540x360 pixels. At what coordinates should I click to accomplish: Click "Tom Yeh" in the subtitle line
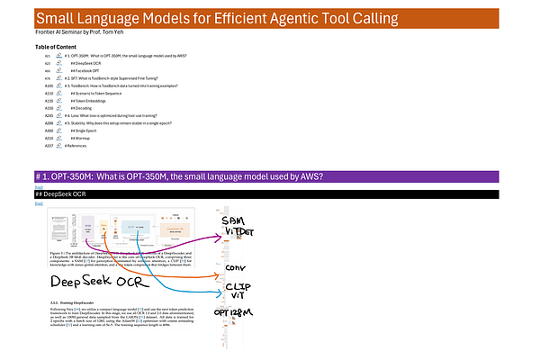[x=131, y=32]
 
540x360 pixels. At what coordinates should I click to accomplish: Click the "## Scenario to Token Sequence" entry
[x=97, y=93]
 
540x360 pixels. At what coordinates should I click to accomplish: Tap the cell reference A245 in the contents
[x=47, y=115]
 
